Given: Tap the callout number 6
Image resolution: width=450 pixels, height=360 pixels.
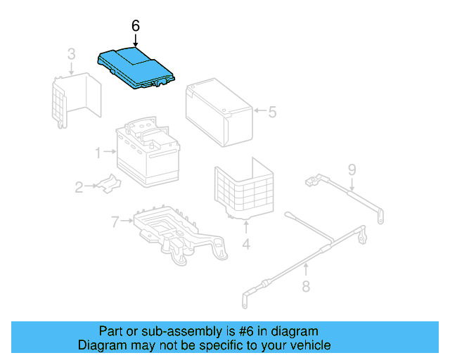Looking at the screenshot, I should coord(136,25).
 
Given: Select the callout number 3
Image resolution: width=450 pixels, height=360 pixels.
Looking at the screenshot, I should coord(71,53).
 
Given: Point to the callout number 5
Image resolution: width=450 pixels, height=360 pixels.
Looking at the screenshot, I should coord(272,110).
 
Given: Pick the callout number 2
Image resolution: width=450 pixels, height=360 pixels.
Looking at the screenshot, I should coord(79,186).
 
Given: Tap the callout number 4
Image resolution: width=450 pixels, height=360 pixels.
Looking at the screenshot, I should coord(246,245).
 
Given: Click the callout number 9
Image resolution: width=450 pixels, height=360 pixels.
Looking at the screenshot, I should coord(352,169).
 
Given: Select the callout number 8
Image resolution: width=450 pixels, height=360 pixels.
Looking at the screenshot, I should coord(305,286).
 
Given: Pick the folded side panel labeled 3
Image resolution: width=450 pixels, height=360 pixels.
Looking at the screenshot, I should coord(74,98).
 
